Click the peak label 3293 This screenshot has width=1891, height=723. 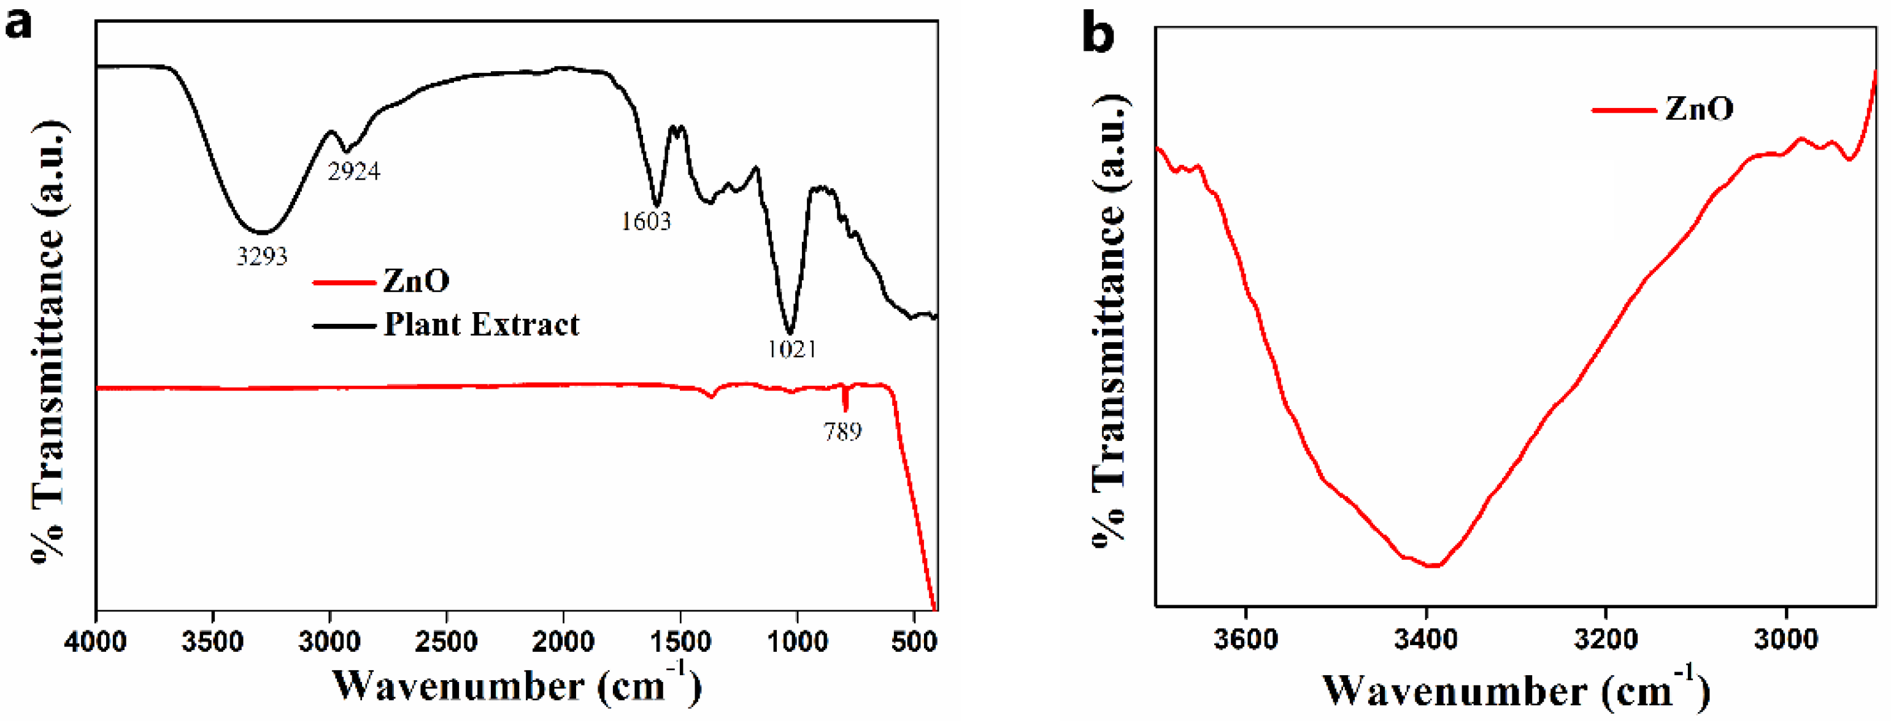(261, 256)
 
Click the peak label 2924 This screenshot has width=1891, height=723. (354, 171)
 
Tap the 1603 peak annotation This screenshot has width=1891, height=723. (646, 221)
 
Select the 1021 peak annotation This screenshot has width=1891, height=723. (791, 349)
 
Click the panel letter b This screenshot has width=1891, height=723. (1098, 34)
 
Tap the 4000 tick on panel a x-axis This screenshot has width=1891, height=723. (96, 642)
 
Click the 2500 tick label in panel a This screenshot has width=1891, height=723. (446, 642)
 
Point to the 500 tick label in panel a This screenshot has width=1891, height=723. (914, 642)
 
